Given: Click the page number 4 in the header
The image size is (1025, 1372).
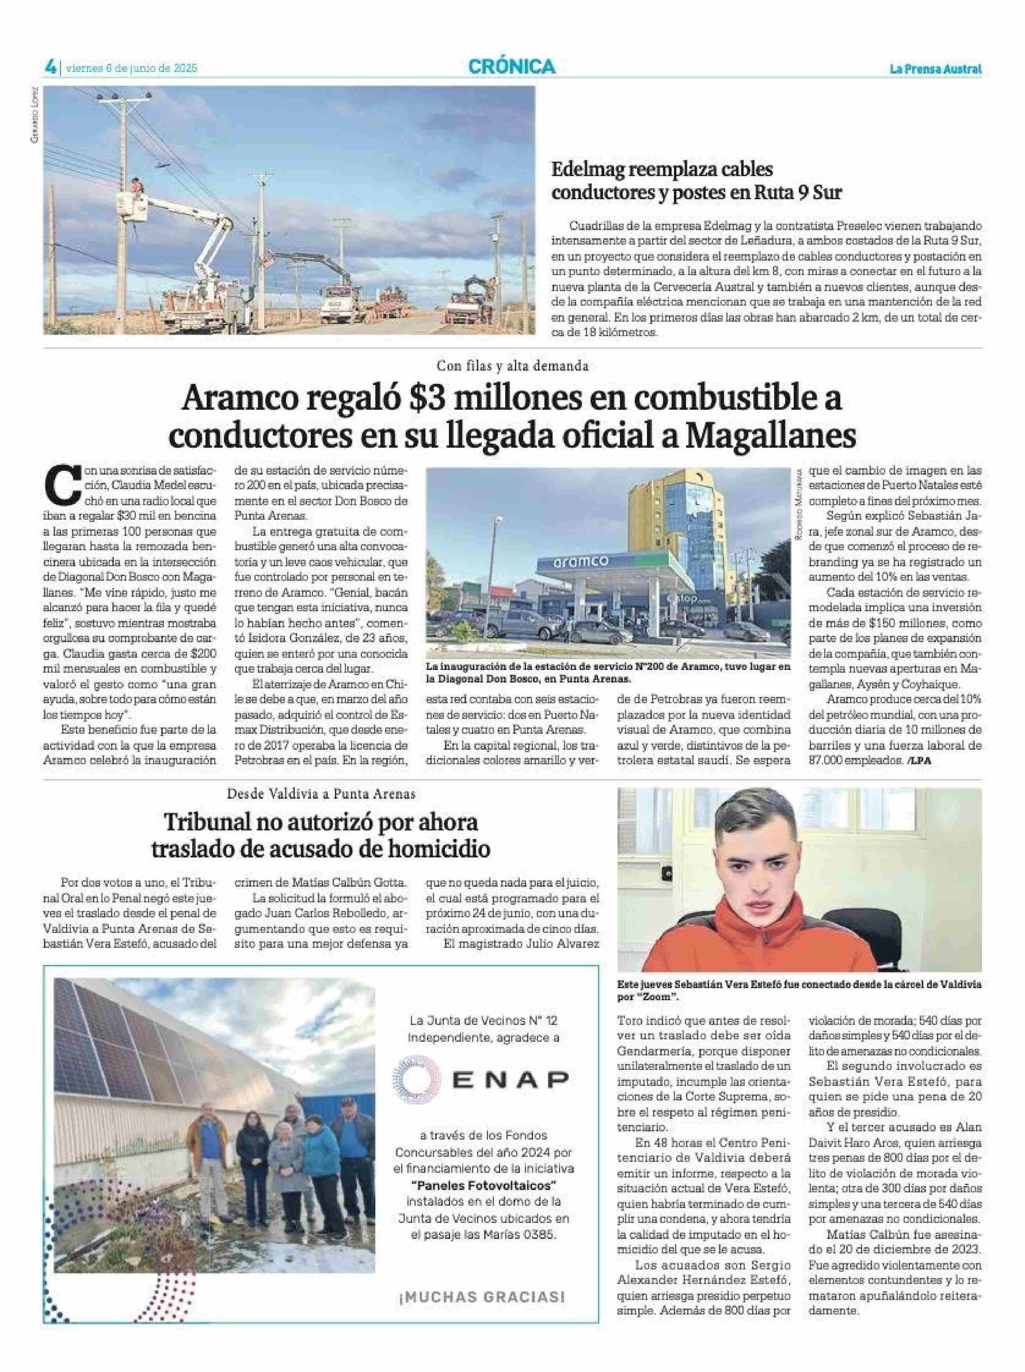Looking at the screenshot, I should (50, 67).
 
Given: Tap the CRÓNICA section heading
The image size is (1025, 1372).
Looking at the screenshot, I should (512, 67).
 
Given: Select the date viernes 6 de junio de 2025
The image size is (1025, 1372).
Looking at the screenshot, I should (131, 68).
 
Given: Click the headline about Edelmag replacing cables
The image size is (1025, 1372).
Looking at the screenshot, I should (696, 180).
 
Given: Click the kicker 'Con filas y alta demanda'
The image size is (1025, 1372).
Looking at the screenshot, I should (513, 366).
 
